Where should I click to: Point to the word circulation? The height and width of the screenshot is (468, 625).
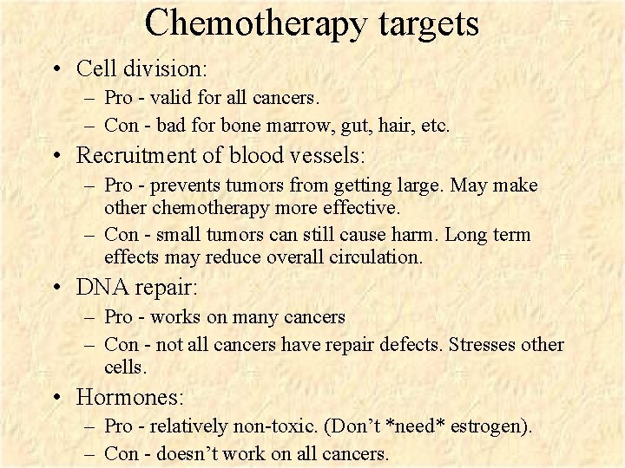[x=378, y=257]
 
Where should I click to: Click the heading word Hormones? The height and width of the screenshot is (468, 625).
[x=130, y=398]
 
